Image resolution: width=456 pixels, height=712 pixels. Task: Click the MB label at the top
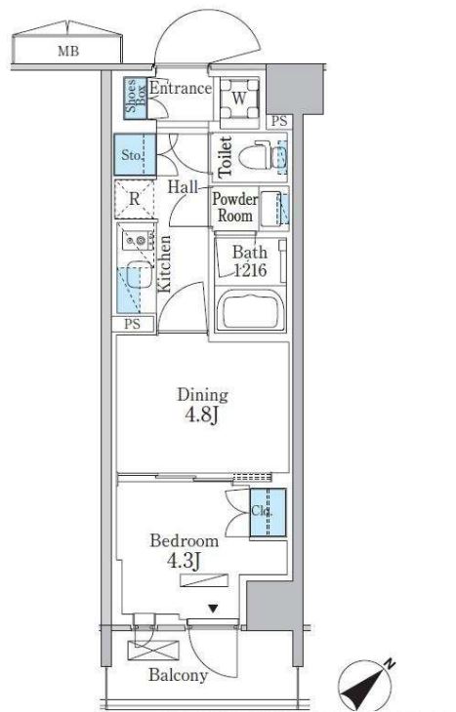pyautogui.click(x=68, y=51)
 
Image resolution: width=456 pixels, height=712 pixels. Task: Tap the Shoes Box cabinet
pyautogui.click(x=136, y=99)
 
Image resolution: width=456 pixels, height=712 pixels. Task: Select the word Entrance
pyautogui.click(x=181, y=88)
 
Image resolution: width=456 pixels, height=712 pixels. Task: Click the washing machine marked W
pyautogui.click(x=239, y=99)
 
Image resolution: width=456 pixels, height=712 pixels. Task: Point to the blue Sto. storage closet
pyautogui.click(x=135, y=154)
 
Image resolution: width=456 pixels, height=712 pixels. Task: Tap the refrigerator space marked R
pyautogui.click(x=134, y=199)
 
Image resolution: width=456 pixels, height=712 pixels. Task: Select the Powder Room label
pyautogui.click(x=234, y=207)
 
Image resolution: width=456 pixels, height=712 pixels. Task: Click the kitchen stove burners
pyautogui.click(x=137, y=239)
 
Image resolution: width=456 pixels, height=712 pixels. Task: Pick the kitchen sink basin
pyautogui.click(x=138, y=274)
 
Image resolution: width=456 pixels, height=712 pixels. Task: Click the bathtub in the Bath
pyautogui.click(x=251, y=310)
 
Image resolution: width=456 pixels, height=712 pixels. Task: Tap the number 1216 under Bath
pyautogui.click(x=250, y=270)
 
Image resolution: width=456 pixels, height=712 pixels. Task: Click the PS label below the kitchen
pyautogui.click(x=133, y=324)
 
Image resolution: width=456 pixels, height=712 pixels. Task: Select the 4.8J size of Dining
pyautogui.click(x=202, y=415)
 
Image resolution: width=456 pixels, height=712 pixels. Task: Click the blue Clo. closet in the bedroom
pyautogui.click(x=268, y=512)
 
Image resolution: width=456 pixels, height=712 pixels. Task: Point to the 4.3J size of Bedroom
pyautogui.click(x=185, y=561)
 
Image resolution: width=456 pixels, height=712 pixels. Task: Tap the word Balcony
pyautogui.click(x=179, y=675)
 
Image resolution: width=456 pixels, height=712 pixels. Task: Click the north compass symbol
pyautogui.click(x=366, y=685)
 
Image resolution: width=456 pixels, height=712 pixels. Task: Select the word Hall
pyautogui.click(x=183, y=186)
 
